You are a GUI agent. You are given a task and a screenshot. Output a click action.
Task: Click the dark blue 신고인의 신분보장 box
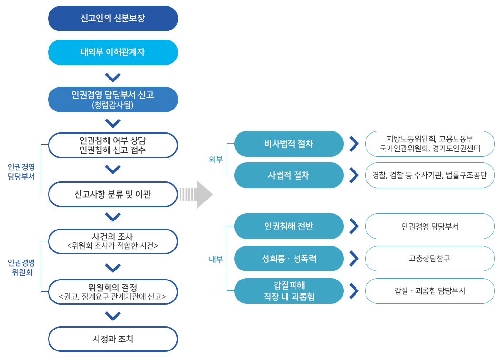[x=113, y=19]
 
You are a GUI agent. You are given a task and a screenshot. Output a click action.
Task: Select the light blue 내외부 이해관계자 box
[x=113, y=52]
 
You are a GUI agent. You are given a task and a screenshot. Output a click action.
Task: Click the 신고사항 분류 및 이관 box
[x=113, y=194]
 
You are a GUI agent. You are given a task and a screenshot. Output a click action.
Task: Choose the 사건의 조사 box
[x=113, y=241]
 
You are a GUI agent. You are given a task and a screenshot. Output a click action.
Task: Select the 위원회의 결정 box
[x=113, y=292]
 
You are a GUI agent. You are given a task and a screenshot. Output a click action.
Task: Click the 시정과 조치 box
[x=113, y=339]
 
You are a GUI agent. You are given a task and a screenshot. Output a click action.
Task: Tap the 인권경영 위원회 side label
[x=21, y=268]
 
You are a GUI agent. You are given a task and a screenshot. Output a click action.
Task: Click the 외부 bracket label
[x=216, y=160]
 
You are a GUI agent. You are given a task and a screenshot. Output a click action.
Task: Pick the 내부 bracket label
[x=216, y=260]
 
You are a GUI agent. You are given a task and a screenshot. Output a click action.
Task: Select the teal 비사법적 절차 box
[x=289, y=144]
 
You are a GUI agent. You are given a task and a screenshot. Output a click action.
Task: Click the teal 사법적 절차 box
[x=289, y=175]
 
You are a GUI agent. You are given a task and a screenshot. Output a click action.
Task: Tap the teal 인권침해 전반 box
[x=289, y=226]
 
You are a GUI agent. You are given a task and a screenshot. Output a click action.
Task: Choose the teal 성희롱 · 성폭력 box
[x=289, y=259]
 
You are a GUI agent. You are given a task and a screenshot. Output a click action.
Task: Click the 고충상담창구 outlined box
[x=430, y=259]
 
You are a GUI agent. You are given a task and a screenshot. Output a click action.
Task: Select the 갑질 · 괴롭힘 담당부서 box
[x=430, y=291]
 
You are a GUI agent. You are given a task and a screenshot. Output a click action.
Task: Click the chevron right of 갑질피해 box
[x=354, y=291]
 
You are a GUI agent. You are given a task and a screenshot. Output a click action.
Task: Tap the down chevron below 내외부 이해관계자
[x=113, y=77]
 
